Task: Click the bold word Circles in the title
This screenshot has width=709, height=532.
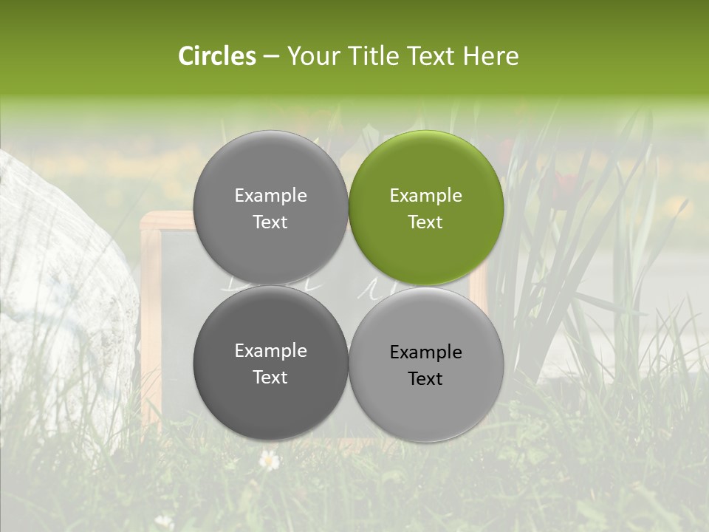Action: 216,56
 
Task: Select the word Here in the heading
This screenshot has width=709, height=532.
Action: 490,56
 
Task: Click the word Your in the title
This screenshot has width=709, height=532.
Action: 313,56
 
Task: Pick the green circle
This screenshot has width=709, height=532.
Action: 426,208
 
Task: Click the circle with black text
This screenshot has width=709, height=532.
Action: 426,364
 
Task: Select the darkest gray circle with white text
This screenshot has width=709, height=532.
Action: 270,363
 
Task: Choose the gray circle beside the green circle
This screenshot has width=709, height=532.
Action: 270,208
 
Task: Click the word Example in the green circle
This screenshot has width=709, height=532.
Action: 425,196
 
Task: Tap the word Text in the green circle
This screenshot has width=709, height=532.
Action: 425,222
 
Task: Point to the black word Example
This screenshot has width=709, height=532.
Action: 425,352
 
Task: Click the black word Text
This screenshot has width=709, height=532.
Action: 425,378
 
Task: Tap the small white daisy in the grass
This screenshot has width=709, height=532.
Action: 270,460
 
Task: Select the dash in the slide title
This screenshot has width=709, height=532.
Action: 271,56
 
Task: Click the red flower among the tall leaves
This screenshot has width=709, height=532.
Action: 566,182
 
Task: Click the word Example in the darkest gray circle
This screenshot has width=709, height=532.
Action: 270,351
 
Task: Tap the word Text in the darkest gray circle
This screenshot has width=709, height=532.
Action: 270,377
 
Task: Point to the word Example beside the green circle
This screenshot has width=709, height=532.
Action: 270,196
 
